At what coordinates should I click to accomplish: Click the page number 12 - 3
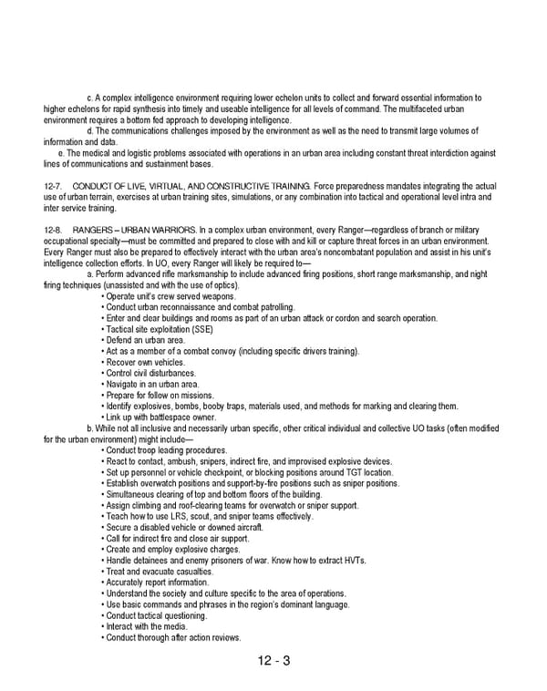pyautogui.click(x=273, y=661)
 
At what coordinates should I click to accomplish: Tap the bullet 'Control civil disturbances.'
pyautogui.click(x=150, y=373)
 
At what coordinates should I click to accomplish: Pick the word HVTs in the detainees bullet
pyautogui.click(x=351, y=561)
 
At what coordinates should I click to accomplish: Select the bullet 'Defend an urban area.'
pyautogui.click(x=145, y=340)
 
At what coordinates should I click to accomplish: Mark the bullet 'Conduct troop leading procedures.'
pyautogui.click(x=167, y=450)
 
